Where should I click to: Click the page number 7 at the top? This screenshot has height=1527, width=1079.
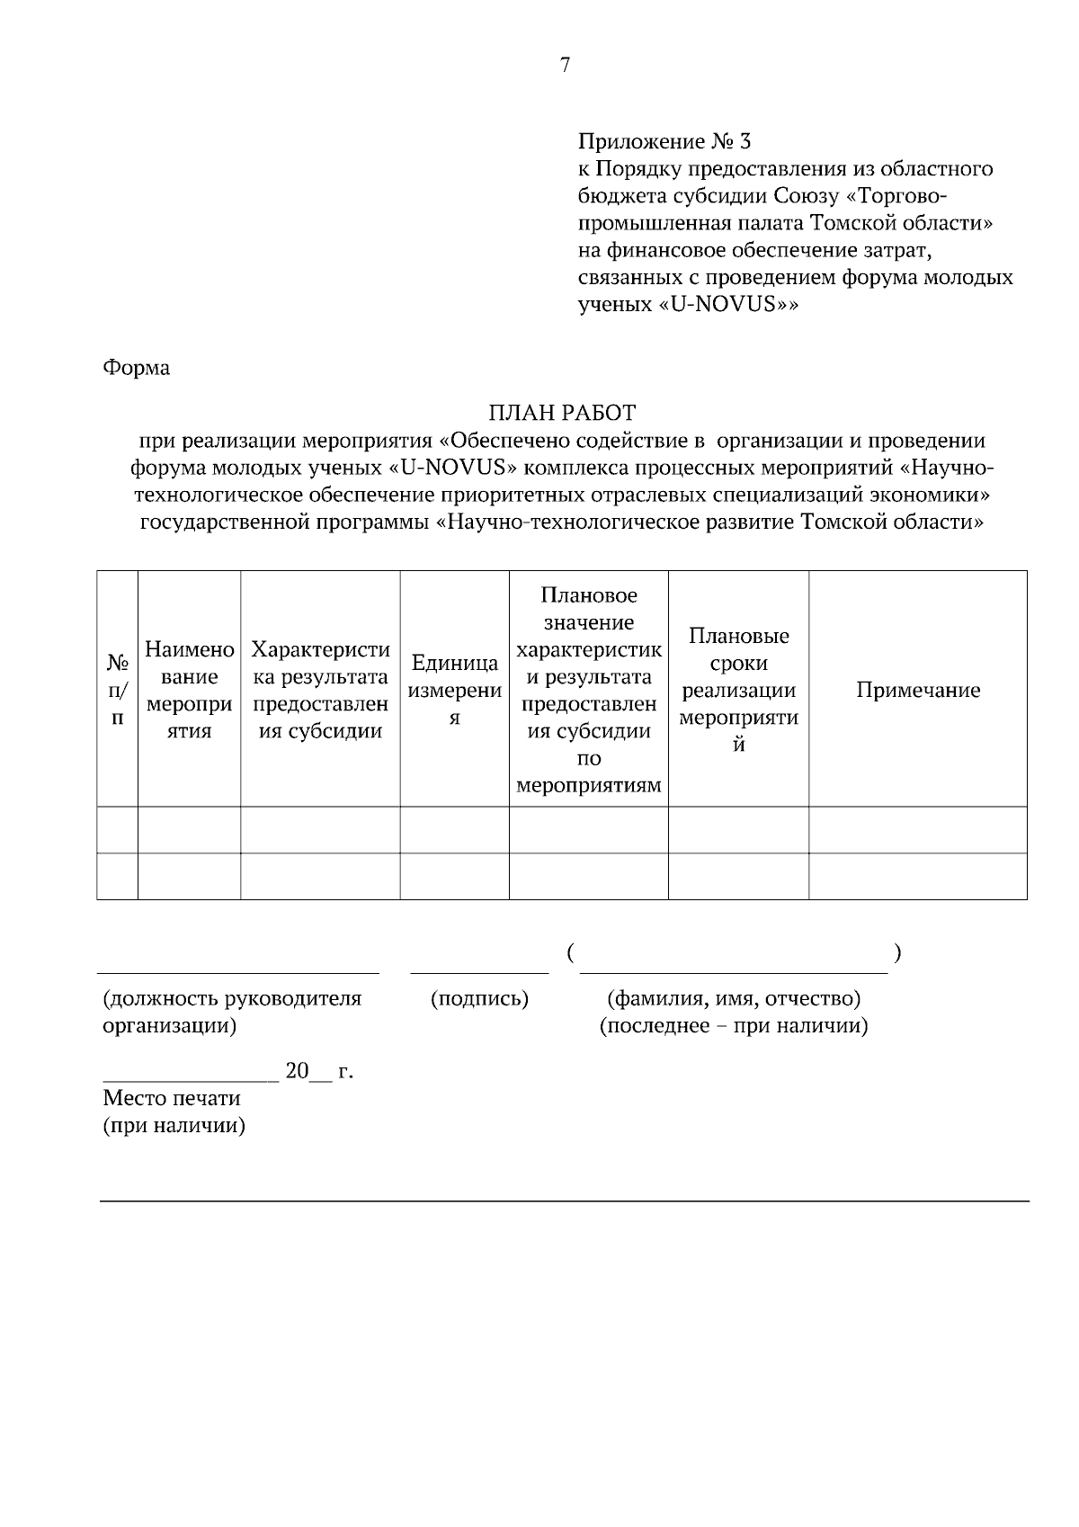565,65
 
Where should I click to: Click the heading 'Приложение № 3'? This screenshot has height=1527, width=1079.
664,141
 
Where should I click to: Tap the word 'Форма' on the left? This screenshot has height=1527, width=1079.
137,368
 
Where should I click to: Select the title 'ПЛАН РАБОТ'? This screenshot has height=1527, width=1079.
562,413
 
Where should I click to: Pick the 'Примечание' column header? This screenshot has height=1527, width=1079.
917,690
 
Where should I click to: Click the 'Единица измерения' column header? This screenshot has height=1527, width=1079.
455,690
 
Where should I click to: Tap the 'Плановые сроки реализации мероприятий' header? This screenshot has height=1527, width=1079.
738,690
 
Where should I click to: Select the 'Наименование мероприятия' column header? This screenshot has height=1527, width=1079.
190,690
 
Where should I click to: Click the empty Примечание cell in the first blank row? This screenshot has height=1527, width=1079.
917,829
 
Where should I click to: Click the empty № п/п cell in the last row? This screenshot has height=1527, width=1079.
118,876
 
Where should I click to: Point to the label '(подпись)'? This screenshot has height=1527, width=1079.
479,998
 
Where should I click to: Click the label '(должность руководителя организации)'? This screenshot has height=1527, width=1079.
231,1011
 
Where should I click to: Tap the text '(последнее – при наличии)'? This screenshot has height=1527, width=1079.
734,1026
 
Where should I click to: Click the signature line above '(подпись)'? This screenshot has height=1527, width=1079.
479,971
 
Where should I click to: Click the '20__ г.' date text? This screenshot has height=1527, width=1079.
318,1071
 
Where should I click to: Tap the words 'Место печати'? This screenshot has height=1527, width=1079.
172,1098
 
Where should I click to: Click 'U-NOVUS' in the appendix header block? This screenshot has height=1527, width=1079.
725,304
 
